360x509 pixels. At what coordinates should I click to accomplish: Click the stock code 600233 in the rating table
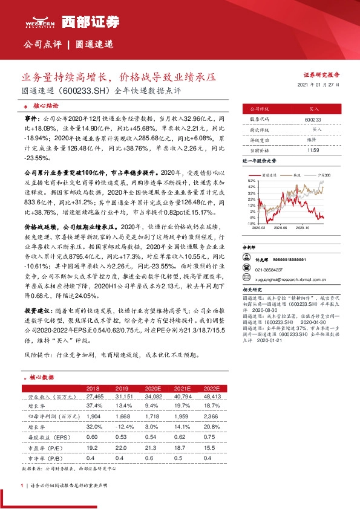point(313,120)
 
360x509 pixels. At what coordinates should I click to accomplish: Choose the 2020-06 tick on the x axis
point(279,228)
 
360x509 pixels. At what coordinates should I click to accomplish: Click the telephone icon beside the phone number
point(246,270)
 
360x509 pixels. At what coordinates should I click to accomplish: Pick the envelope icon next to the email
point(246,279)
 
